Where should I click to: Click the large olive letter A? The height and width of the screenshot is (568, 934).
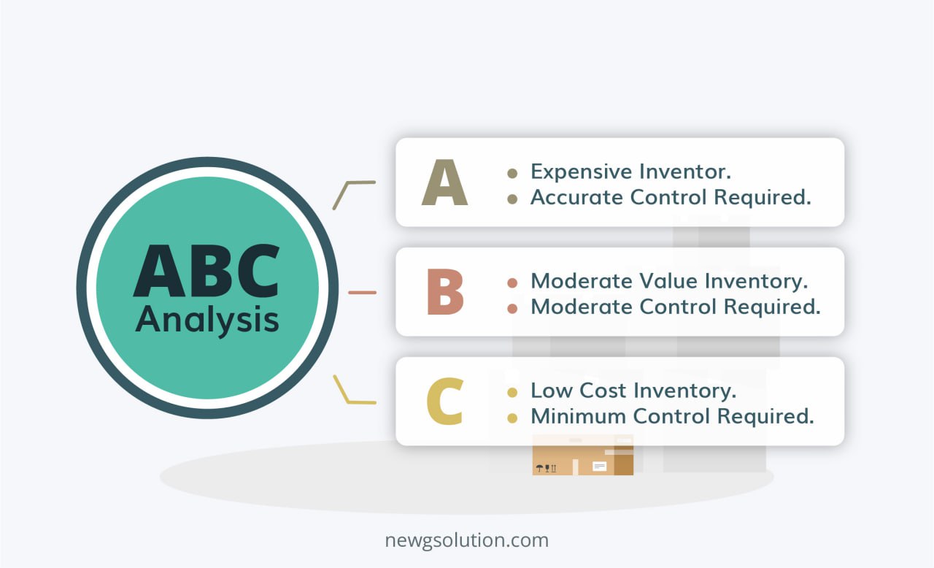(444, 183)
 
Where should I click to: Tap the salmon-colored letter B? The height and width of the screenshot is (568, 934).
(445, 292)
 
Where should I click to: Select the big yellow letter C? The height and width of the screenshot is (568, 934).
(444, 402)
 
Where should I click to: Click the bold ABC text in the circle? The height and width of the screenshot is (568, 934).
(207, 271)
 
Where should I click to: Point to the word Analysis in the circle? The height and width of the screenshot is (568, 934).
(207, 320)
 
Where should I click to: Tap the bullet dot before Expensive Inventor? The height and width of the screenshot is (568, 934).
(512, 173)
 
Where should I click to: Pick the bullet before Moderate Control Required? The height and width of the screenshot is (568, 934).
(512, 308)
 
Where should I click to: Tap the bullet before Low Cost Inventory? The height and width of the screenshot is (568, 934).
(512, 392)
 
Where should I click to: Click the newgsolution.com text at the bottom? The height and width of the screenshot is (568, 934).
(466, 540)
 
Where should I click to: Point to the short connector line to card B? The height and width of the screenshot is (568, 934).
(363, 293)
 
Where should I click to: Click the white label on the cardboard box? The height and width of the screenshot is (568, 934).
(599, 466)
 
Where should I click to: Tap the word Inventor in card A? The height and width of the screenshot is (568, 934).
(685, 172)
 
